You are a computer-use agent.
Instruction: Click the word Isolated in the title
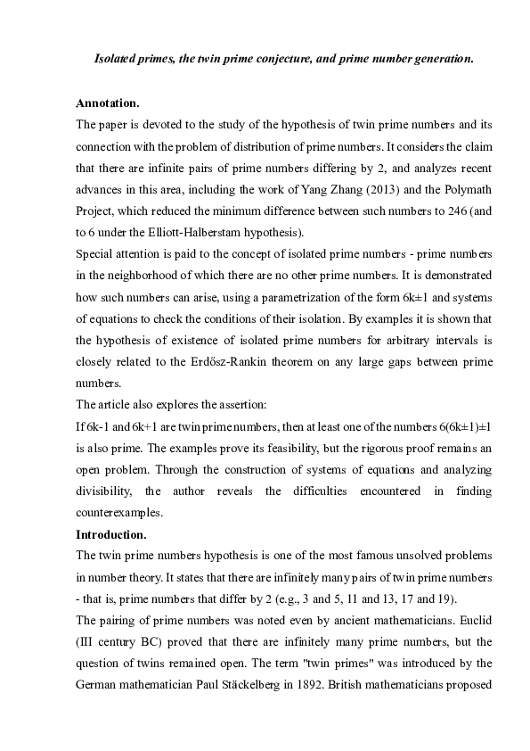tap(117, 60)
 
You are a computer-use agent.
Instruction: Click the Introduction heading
tap(111, 534)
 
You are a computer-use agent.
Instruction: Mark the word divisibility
tap(108, 491)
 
